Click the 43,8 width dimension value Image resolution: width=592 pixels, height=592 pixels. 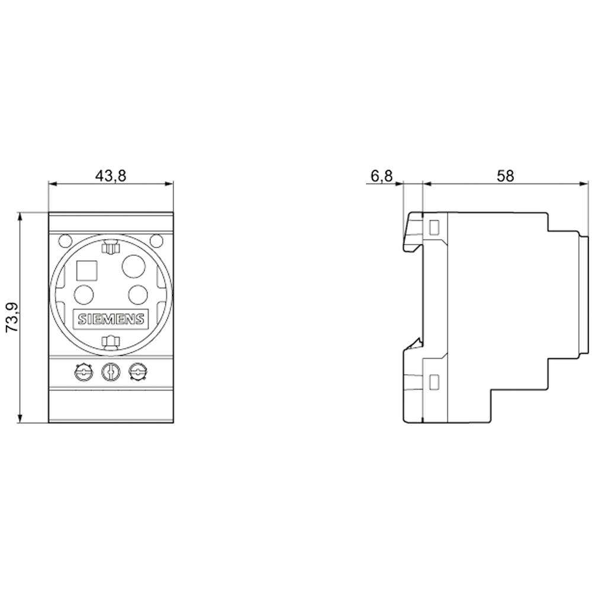tap(111, 175)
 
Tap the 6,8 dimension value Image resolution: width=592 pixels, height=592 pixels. tap(381, 176)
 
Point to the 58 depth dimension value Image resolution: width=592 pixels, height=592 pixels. tap(506, 175)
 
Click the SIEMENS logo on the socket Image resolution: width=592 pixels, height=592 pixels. tap(111, 320)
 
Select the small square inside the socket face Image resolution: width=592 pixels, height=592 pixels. tap(87, 270)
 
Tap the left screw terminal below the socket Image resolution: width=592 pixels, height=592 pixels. tap(83, 372)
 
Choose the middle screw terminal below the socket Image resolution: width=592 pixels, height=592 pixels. tap(110, 372)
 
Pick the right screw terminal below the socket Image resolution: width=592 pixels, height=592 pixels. tap(137, 372)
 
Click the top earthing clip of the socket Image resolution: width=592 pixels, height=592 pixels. tap(111, 248)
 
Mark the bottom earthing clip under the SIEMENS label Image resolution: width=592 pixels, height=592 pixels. tap(111, 341)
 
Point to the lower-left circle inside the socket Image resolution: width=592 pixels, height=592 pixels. tap(84, 294)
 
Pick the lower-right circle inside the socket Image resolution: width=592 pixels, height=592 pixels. tap(137, 294)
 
